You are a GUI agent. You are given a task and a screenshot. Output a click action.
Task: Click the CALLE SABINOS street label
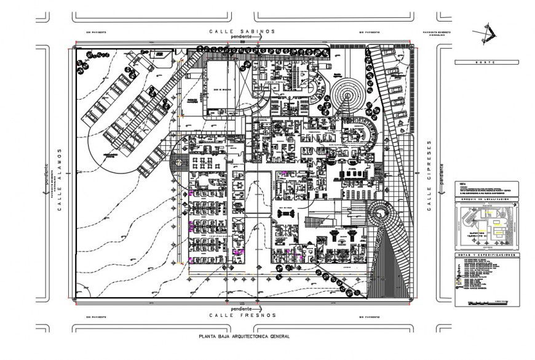(x=242, y=31)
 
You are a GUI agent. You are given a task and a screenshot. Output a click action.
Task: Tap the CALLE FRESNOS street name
(x=242, y=315)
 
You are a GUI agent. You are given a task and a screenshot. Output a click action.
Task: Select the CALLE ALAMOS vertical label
(x=60, y=179)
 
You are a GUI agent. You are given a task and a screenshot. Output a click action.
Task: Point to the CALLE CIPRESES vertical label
(x=429, y=175)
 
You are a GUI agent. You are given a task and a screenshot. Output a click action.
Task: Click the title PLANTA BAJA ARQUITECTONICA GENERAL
(x=244, y=337)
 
